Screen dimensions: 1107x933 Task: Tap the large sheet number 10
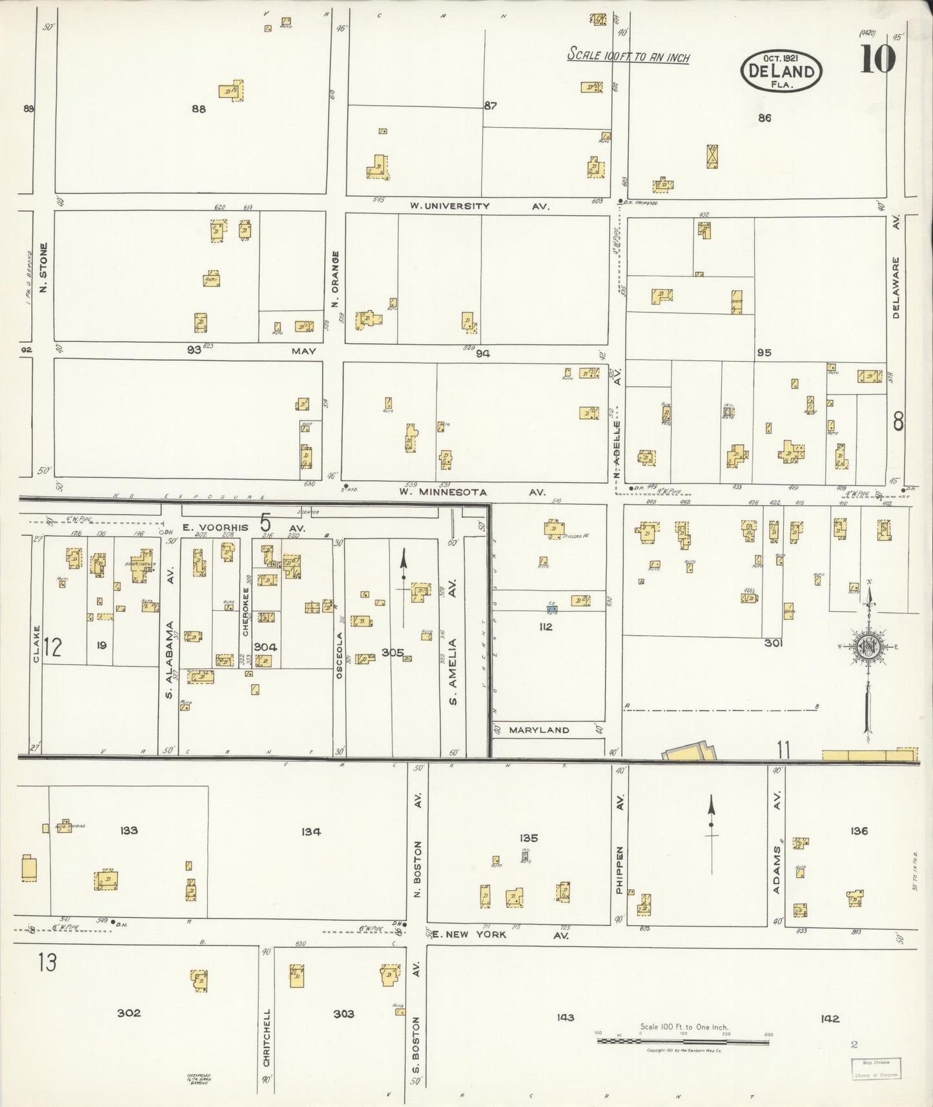pyautogui.click(x=877, y=59)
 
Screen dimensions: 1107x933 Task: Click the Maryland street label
pyautogui.click(x=539, y=730)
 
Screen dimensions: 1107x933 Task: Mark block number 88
pyautogui.click(x=198, y=109)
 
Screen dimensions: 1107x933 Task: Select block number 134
pyautogui.click(x=311, y=832)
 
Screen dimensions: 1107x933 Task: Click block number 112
pyautogui.click(x=546, y=626)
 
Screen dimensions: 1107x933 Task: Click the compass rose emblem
pyautogui.click(x=868, y=648)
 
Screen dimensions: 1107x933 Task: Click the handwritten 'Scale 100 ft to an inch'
pyautogui.click(x=628, y=56)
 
